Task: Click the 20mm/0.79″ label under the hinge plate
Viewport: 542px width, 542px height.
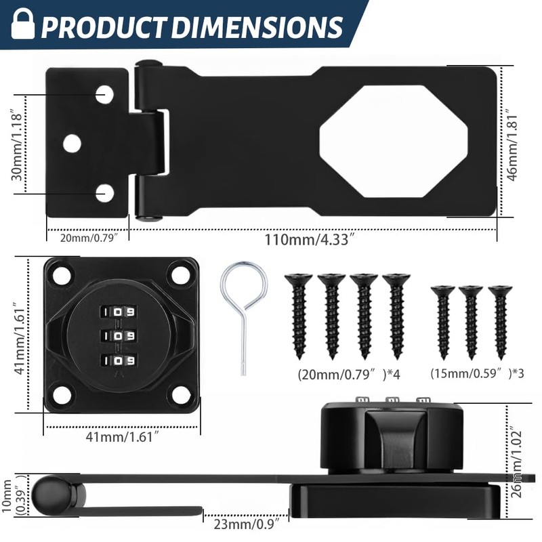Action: click(x=87, y=238)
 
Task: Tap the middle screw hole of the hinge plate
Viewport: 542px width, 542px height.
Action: click(x=72, y=143)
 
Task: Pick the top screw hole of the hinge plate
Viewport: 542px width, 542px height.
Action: click(x=104, y=94)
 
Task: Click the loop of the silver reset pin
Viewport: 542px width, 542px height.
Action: click(x=243, y=285)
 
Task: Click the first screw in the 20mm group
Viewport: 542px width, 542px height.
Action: click(x=297, y=314)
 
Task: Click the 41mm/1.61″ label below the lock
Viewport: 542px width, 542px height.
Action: click(x=121, y=438)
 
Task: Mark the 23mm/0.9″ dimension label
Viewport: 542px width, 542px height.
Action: click(x=247, y=523)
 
